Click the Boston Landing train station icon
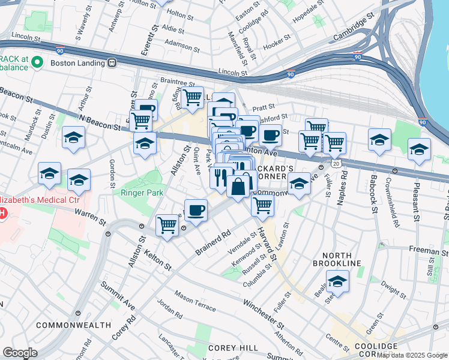click(112, 62)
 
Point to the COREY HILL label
click(233, 348)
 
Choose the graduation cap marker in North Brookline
click(337, 281)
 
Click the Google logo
click(20, 353)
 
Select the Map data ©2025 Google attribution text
click(412, 355)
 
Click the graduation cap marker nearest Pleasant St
click(419, 150)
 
